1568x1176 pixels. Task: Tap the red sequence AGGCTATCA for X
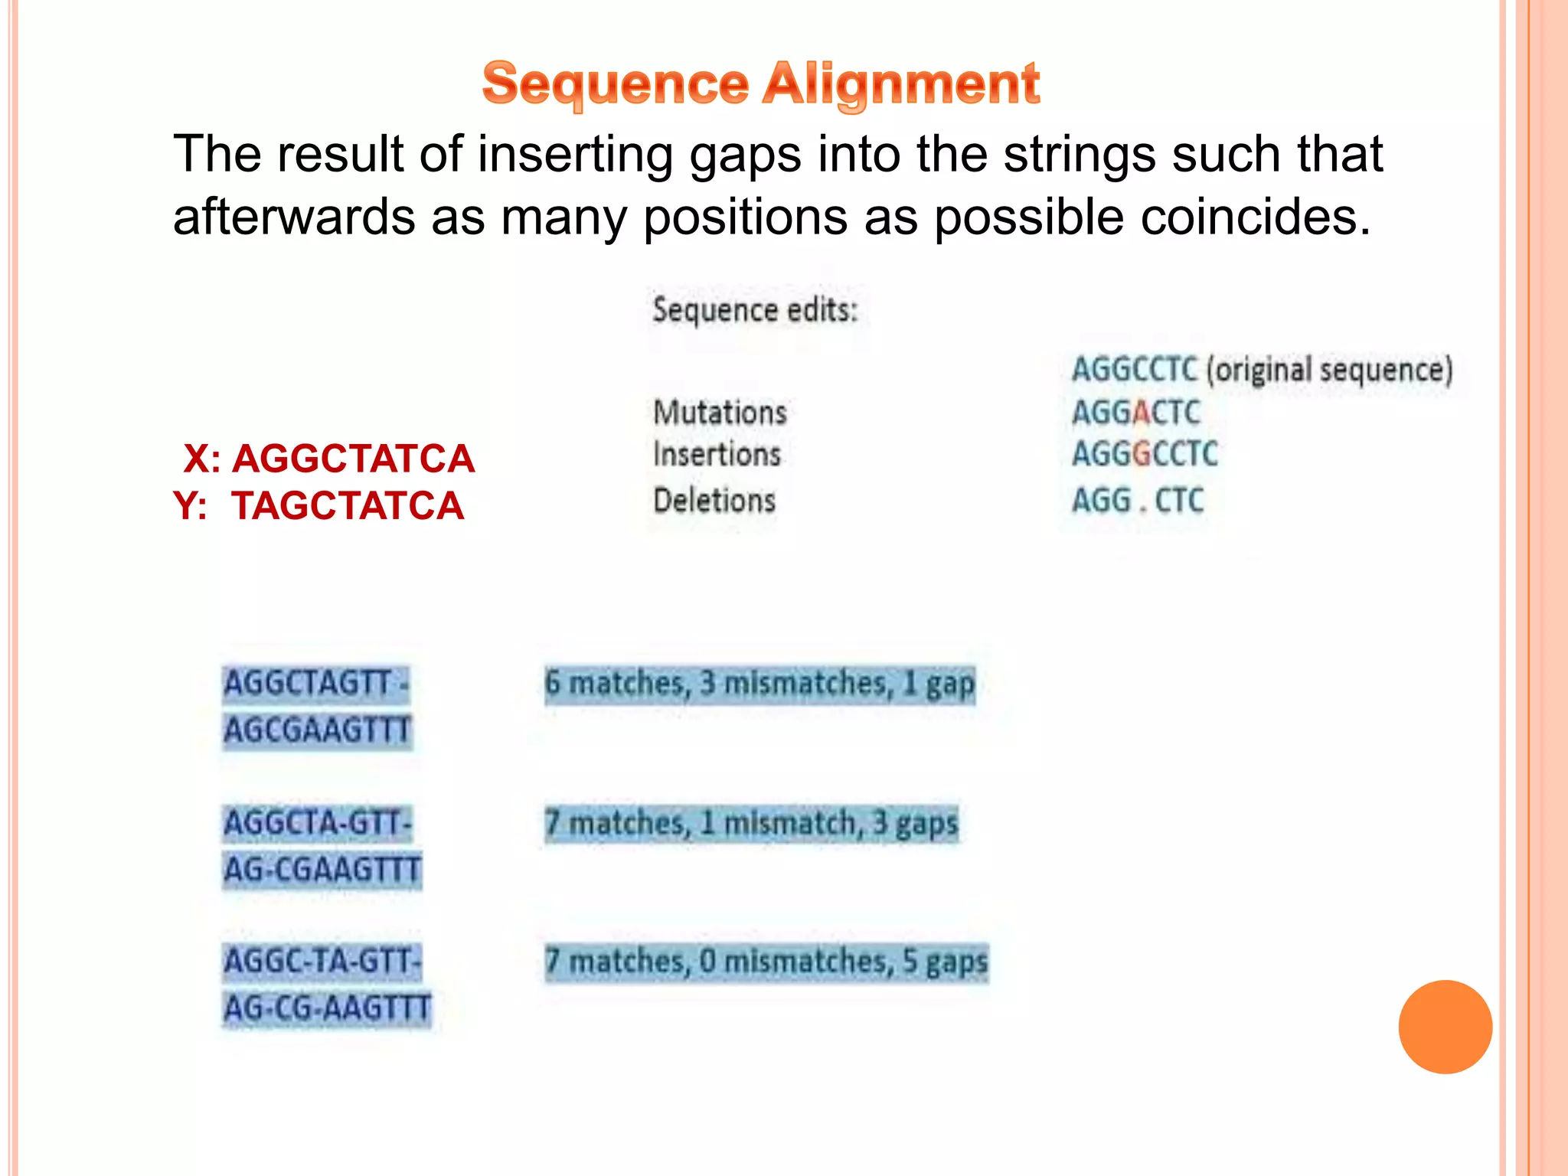(353, 459)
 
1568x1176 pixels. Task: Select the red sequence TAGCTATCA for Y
(348, 506)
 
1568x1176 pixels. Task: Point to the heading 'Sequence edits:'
(755, 310)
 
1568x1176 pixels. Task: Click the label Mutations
(720, 413)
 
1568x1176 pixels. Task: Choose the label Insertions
(717, 455)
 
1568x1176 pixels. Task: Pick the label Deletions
(714, 501)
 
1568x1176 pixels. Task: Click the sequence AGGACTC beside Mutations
(1135, 413)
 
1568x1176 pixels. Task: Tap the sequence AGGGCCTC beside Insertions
(1144, 454)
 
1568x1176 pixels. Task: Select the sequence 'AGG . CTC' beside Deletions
(1138, 501)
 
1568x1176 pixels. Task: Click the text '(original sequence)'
(1329, 370)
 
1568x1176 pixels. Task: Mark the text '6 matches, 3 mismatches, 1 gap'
(759, 684)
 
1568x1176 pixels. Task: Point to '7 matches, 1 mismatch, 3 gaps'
(751, 823)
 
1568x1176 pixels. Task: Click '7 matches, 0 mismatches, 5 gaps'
(766, 962)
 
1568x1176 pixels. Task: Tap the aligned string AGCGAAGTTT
(318, 730)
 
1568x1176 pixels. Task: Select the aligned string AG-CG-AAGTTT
(327, 1008)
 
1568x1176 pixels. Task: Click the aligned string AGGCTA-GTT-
(318, 824)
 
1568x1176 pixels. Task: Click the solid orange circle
(1445, 1027)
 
